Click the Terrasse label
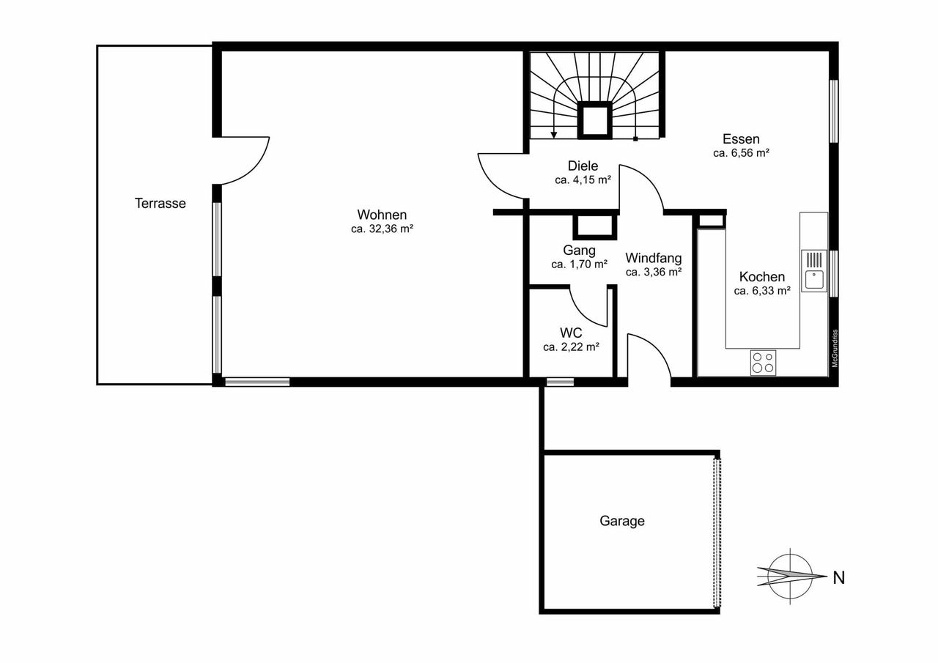[160, 204]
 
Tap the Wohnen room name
[382, 215]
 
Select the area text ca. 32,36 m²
[383, 229]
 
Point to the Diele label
[583, 166]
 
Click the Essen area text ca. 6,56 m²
[741, 153]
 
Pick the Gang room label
[579, 251]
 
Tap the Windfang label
[653, 257]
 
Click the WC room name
[571, 333]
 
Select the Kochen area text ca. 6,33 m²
[762, 291]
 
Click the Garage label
[622, 521]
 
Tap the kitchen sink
[814, 271]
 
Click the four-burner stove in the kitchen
[763, 363]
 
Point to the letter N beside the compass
[839, 578]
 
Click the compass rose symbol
[790, 577]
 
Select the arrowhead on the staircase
[553, 135]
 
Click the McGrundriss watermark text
[835, 348]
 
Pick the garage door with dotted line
[717, 533]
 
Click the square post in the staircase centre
[594, 120]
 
